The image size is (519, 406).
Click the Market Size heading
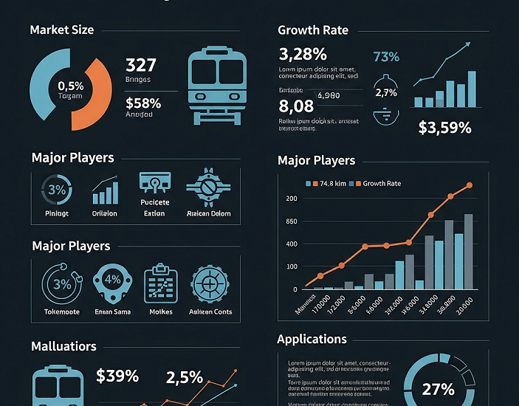61,30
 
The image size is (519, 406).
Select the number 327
140,65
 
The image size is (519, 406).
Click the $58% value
143,103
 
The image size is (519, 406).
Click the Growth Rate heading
312,30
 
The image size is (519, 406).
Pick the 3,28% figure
303,54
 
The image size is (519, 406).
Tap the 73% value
386,57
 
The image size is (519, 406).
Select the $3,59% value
444,127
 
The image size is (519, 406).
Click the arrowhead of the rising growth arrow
467,46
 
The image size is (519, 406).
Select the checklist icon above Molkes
161,283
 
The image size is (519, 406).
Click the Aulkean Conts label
212,312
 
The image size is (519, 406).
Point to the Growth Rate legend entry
378,183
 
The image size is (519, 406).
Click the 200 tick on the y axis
291,199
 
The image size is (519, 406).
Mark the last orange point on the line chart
469,185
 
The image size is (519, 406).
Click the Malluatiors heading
63,346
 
